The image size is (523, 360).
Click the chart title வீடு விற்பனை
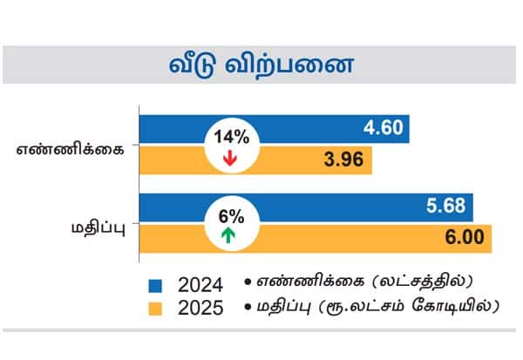click(261, 66)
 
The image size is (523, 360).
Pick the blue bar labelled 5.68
click(349, 207)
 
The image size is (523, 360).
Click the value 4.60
click(384, 129)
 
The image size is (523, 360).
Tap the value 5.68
click(447, 207)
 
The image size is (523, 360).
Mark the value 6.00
click(466, 238)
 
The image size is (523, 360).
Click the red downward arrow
click(230, 159)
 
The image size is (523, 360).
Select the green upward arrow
click(229, 234)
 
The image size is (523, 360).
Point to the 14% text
click(229, 136)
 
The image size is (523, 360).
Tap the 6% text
click(229, 214)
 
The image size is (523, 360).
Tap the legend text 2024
click(200, 285)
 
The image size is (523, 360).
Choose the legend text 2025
click(200, 308)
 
